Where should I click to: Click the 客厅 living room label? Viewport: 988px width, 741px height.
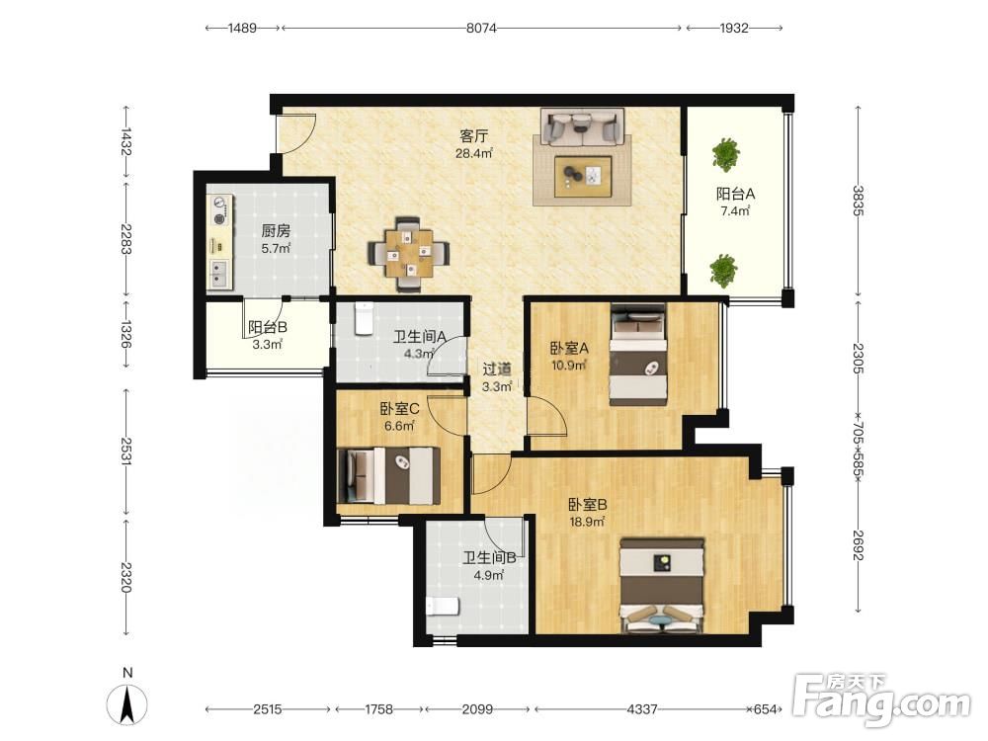[474, 136]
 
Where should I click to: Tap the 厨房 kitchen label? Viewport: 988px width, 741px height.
[276, 231]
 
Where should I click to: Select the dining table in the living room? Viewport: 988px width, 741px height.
[409, 254]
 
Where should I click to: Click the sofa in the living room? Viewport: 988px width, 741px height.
[582, 126]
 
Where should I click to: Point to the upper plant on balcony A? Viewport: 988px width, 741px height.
[725, 154]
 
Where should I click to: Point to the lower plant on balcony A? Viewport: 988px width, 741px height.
[723, 271]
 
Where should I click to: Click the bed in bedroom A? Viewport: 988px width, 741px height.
[638, 354]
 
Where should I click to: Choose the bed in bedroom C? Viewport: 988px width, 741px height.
[388, 475]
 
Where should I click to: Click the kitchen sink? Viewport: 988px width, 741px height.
[218, 273]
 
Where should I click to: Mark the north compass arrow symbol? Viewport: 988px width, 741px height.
[127, 702]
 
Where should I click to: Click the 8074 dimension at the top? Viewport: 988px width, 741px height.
[481, 28]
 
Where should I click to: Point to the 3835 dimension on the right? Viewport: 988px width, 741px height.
[858, 201]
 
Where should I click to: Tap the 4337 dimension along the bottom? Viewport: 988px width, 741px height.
[642, 709]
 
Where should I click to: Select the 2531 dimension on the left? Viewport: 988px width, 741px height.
[126, 452]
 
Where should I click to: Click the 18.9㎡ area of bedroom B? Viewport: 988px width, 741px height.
[587, 522]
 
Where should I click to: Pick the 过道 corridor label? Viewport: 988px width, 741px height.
[497, 370]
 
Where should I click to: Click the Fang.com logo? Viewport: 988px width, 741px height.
[882, 699]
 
